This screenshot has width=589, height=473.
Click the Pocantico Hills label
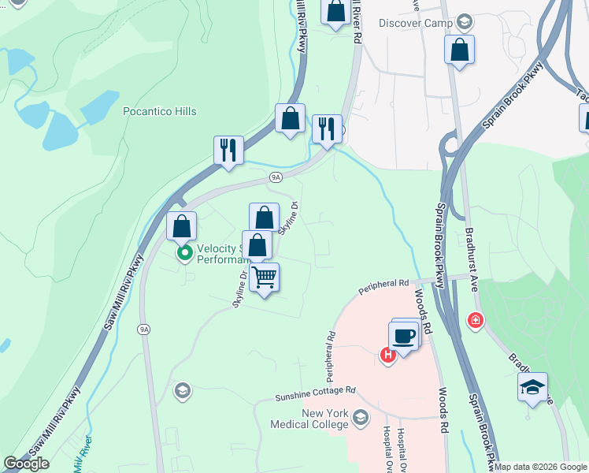160,111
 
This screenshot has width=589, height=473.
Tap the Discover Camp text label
415,22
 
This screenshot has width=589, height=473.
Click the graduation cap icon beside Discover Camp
465,21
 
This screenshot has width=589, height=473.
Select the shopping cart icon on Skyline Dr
265,277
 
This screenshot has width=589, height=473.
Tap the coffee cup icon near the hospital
405,335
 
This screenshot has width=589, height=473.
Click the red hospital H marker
388,356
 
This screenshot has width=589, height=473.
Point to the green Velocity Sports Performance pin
185,253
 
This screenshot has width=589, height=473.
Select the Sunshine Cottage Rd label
315,390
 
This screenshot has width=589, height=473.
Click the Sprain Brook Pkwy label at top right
513,97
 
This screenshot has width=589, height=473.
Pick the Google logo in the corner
27,464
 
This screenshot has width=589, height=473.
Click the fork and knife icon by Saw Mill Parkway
228,149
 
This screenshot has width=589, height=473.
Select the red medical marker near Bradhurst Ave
475,320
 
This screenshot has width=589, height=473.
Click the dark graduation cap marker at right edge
533,388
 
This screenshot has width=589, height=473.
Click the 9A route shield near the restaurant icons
276,177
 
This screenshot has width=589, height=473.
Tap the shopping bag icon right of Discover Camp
459,49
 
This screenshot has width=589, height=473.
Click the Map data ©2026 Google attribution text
540,467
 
